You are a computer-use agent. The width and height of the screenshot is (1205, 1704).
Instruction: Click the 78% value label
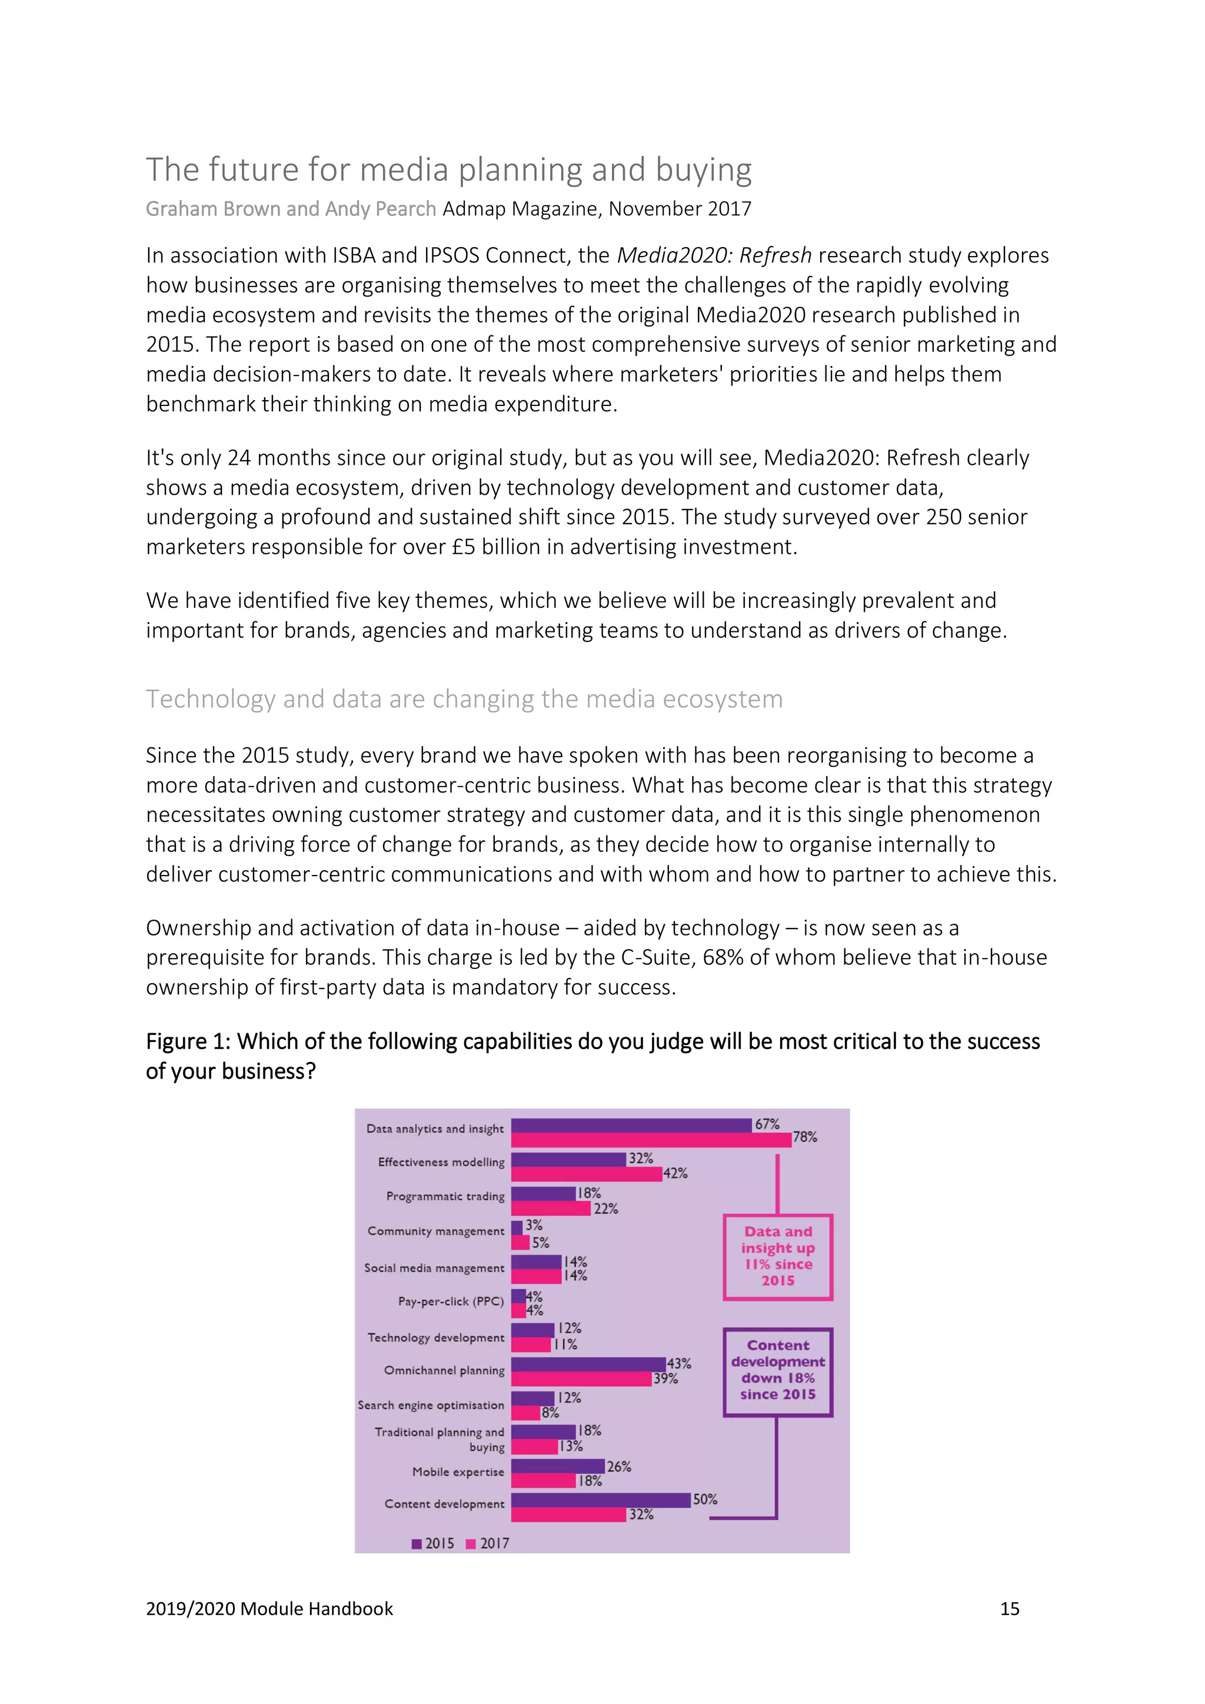pos(804,1137)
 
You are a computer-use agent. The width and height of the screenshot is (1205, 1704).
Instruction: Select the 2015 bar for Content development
pos(601,1500)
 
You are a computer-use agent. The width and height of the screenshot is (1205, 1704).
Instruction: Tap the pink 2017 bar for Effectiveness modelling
pos(586,1174)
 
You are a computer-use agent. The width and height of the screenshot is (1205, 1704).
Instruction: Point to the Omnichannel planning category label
pos(444,1370)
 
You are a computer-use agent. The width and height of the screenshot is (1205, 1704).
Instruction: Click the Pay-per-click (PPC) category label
pos(450,1301)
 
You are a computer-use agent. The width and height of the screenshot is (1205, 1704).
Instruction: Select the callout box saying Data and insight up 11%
pos(778,1256)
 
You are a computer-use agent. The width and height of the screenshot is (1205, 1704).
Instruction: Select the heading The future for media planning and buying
pos(448,170)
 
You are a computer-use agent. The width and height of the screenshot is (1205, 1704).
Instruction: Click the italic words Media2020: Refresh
pos(714,255)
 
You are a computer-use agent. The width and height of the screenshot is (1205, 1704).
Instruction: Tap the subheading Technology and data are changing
pos(464,699)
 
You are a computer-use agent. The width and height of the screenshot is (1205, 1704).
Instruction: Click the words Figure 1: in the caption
pos(188,1042)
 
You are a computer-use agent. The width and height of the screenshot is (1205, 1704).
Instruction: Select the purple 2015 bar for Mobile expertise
pos(557,1466)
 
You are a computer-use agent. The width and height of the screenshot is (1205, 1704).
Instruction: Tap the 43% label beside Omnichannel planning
pos(678,1363)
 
